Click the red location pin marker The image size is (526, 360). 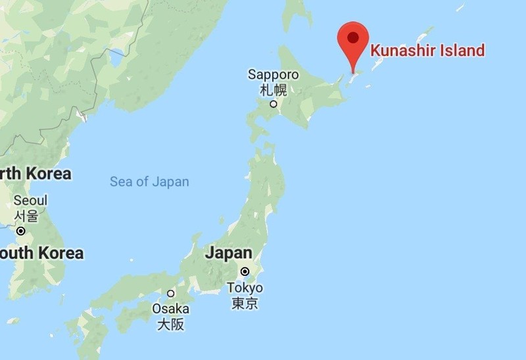click(x=353, y=40)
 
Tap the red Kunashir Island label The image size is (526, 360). click(x=427, y=50)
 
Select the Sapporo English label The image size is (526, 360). click(x=273, y=74)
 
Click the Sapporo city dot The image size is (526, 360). click(x=273, y=104)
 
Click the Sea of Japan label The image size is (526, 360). click(x=149, y=182)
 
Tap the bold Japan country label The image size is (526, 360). click(x=229, y=253)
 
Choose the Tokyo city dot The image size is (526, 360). click(x=245, y=271)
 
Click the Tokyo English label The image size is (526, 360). click(x=245, y=288)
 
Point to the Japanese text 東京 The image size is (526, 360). click(x=245, y=303)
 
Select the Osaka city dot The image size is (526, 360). click(x=170, y=293)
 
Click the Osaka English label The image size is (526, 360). click(x=170, y=309)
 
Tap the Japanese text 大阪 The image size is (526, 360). click(x=170, y=324)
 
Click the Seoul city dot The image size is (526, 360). click(x=21, y=231)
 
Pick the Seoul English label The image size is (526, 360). click(x=30, y=200)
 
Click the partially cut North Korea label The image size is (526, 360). click(x=36, y=174)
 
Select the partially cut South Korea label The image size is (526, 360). click(x=41, y=253)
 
